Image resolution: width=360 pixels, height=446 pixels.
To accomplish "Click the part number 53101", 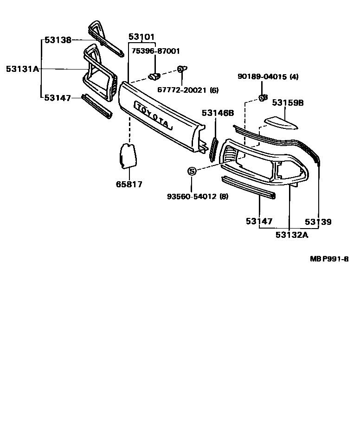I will click(141, 37).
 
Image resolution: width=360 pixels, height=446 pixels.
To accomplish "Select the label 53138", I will click(58, 40).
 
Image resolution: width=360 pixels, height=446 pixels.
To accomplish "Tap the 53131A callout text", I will click(22, 69).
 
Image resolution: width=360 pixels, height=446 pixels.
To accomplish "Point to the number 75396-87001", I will click(155, 51).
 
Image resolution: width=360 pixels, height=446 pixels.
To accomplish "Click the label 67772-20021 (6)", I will click(187, 90).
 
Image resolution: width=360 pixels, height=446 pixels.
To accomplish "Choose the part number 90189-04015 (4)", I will click(268, 77).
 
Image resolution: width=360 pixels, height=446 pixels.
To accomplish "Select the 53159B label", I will click(288, 102).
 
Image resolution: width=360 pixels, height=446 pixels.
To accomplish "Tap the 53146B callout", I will click(218, 113).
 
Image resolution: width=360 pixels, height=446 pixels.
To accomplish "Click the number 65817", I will click(129, 184).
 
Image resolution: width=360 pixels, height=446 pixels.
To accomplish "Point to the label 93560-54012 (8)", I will click(198, 196).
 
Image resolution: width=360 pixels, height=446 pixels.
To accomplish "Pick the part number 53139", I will click(318, 222).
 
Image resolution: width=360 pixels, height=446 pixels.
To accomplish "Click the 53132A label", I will click(292, 235).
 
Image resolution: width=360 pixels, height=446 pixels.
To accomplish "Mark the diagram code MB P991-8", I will click(329, 259).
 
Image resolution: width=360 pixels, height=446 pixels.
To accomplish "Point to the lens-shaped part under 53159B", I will click(282, 122).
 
